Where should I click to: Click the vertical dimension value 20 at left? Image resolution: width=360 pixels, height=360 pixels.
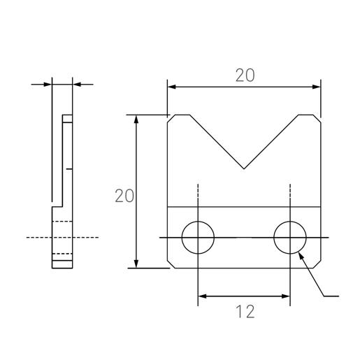tap(124, 196)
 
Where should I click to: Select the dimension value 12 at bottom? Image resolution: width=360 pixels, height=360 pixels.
tap(244, 312)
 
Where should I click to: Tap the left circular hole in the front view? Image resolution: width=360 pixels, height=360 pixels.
tap(198, 238)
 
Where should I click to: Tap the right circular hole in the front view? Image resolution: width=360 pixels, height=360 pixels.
tap(290, 238)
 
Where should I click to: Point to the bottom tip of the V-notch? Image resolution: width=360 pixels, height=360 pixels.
tap(243, 168)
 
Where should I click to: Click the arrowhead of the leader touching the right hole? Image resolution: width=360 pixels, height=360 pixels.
tap(301, 256)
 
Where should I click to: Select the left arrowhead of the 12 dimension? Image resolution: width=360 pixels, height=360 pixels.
tap(203, 296)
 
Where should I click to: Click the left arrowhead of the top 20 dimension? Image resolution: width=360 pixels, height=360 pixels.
tap(172, 87)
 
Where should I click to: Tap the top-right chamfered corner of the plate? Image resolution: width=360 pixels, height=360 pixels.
tap(317, 118)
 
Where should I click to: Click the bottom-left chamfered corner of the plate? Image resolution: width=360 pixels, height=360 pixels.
tap(171, 264)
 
